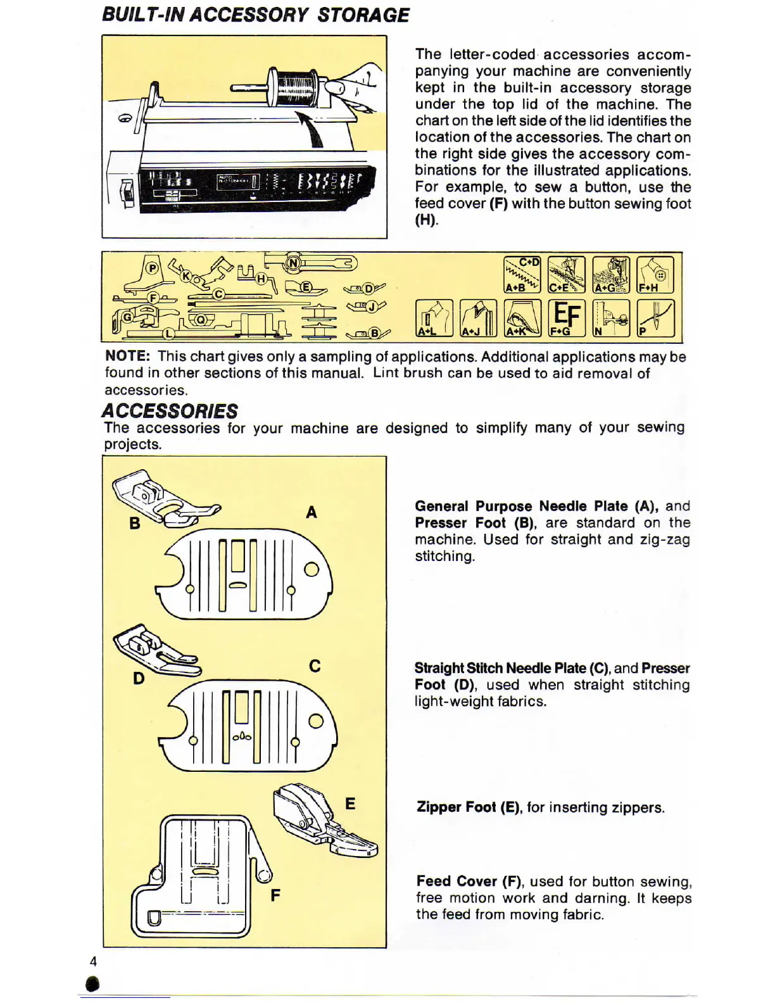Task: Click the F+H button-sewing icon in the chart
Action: pyautogui.click(x=655, y=275)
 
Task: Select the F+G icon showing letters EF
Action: pyautogui.click(x=566, y=317)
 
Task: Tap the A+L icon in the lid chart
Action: pyautogui.click(x=434, y=317)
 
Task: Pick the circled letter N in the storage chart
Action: pyautogui.click(x=293, y=262)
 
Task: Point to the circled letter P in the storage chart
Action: pyautogui.click(x=152, y=268)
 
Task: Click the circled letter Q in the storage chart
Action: pyautogui.click(x=201, y=320)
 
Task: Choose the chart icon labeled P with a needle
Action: pyautogui.click(x=655, y=317)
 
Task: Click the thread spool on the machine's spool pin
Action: pyautogui.click(x=294, y=86)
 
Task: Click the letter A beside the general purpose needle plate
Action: pyautogui.click(x=311, y=512)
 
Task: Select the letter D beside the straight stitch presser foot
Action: pyautogui.click(x=139, y=678)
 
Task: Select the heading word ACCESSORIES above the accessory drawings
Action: pyautogui.click(x=170, y=411)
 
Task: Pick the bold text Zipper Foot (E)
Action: pyautogui.click(x=468, y=807)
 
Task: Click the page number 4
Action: pyautogui.click(x=93, y=961)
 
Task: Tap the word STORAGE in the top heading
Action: pyautogui.click(x=363, y=15)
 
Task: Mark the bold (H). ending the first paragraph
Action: pyautogui.click(x=426, y=220)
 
